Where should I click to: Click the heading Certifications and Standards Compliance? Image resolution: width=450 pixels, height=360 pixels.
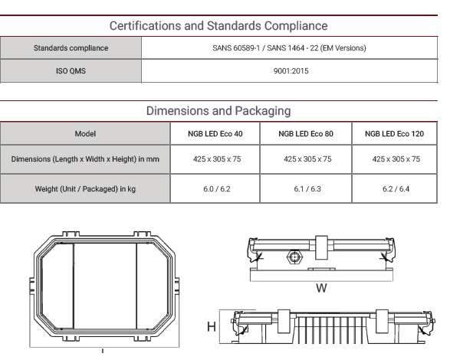(x=218, y=26)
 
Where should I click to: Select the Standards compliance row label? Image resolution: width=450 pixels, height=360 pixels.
(x=71, y=48)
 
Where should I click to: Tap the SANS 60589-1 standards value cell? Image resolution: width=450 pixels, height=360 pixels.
(x=289, y=48)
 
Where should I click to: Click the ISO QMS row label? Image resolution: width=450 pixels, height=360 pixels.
(x=71, y=71)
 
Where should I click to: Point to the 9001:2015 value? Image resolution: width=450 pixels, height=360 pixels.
(x=291, y=71)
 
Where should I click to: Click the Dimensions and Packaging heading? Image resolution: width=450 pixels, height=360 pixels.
(x=218, y=111)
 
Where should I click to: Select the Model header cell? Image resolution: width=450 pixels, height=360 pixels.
(x=85, y=134)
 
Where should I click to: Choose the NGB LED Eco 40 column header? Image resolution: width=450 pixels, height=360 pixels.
(x=215, y=134)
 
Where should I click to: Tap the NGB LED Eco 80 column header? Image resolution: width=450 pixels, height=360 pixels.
(x=306, y=134)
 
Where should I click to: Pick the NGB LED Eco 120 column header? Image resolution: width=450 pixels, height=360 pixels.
(x=394, y=134)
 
